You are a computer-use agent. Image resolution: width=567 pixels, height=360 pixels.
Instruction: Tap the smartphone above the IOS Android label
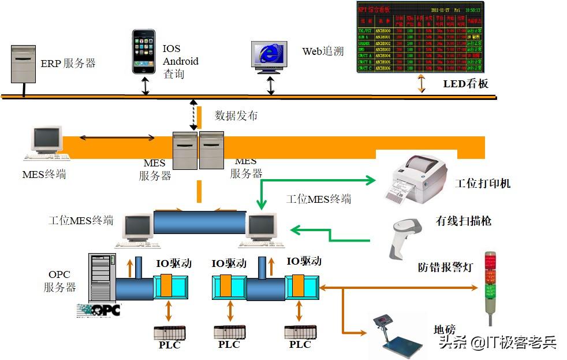pyautogui.click(x=144, y=51)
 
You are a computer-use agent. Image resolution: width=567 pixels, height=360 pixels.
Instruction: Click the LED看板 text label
pyautogui.click(x=465, y=84)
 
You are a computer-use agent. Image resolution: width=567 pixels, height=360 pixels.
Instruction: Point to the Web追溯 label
pyautogui.click(x=323, y=51)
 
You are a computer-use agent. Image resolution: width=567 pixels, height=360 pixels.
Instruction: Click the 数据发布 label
pyautogui.click(x=236, y=116)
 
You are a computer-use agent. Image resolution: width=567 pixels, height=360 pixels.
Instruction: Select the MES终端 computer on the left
pyautogui.click(x=47, y=143)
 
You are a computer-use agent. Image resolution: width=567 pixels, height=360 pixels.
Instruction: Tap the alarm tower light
pyautogui.click(x=490, y=286)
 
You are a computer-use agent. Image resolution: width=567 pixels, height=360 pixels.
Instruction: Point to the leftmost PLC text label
pyautogui.click(x=170, y=345)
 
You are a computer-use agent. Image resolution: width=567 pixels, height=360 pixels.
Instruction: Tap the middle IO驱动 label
pyautogui.click(x=229, y=263)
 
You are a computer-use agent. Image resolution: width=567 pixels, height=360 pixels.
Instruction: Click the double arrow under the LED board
pyautogui.click(x=421, y=83)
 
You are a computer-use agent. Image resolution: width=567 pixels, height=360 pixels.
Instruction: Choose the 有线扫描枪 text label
pyautogui.click(x=464, y=221)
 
